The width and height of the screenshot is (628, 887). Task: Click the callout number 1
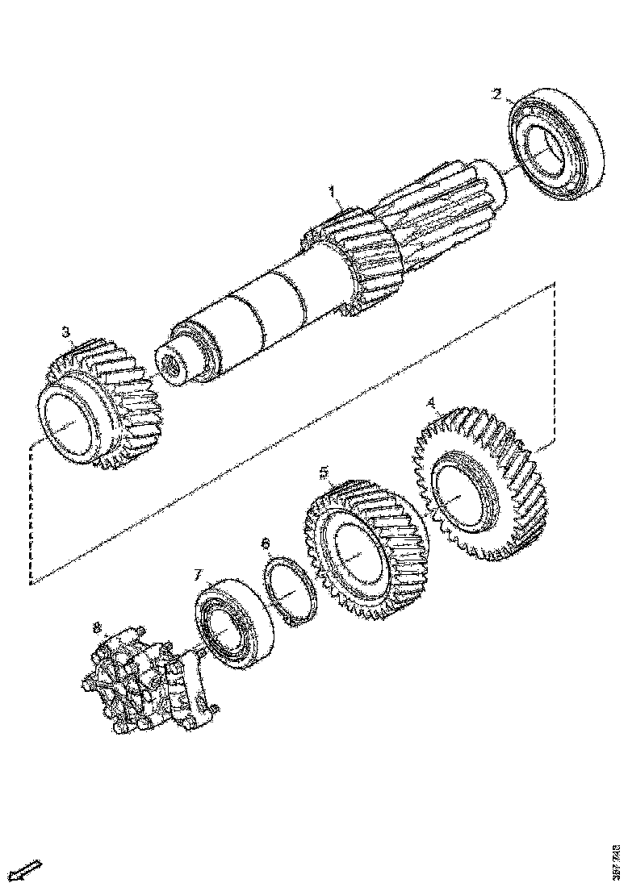331,191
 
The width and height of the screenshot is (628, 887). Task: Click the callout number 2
497,94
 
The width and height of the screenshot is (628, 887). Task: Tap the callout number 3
66,331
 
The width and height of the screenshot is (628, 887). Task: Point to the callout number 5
324,471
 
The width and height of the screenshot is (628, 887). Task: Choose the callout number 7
197,575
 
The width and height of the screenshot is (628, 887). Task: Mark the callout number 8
98,627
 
